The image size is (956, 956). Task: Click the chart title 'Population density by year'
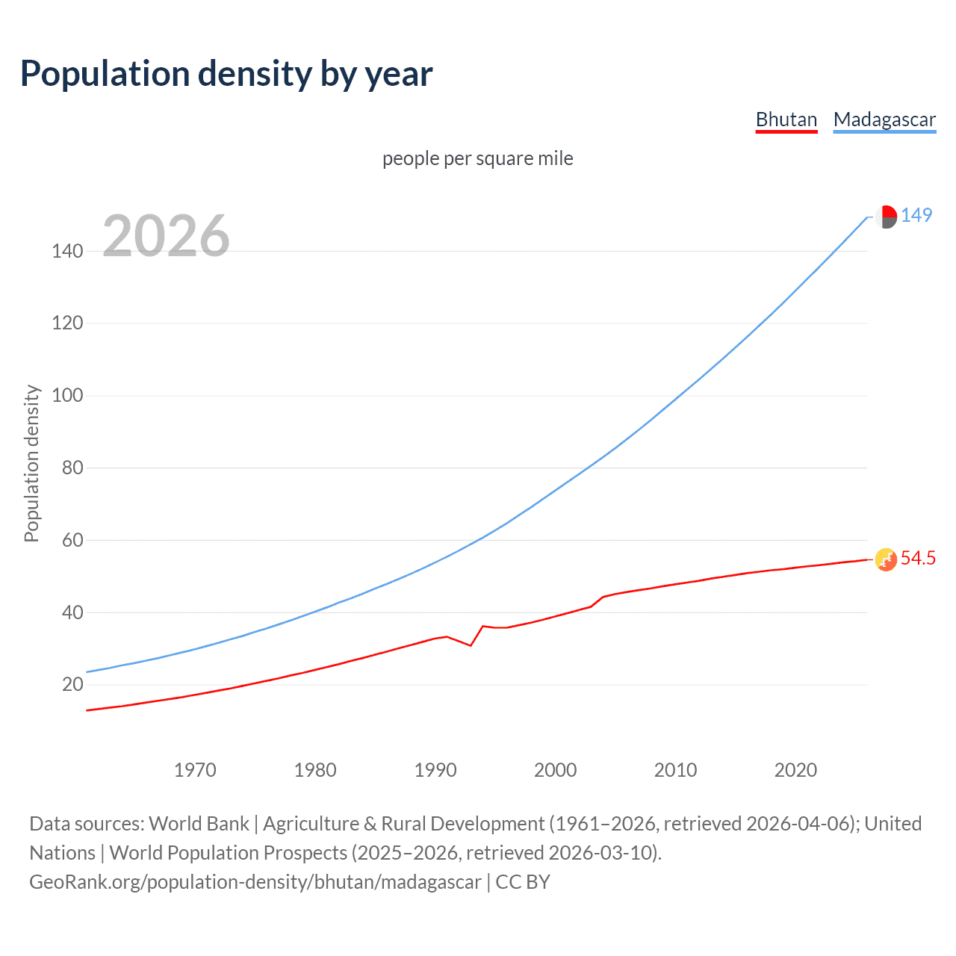tap(226, 74)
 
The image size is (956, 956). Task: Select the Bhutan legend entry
tap(786, 119)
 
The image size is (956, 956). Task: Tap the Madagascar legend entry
tap(884, 119)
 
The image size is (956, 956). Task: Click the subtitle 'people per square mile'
tap(477, 158)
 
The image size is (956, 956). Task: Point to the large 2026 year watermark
tap(166, 236)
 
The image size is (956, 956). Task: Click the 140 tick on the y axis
tap(67, 251)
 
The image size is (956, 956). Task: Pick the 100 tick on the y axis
tap(67, 395)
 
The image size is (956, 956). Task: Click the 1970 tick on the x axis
tap(195, 770)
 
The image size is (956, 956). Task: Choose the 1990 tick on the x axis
tap(435, 770)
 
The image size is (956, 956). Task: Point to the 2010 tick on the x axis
tap(675, 770)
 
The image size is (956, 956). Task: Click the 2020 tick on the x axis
tap(795, 770)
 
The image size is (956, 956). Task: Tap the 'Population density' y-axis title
tap(31, 463)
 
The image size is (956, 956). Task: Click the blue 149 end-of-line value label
tap(916, 216)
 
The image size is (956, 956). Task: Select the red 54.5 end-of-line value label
tap(918, 559)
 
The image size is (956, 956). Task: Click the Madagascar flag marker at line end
tap(886, 217)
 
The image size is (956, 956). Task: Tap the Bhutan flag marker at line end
tap(886, 559)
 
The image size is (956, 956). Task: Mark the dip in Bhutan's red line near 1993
tap(470, 645)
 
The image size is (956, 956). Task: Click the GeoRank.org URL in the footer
tap(255, 882)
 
